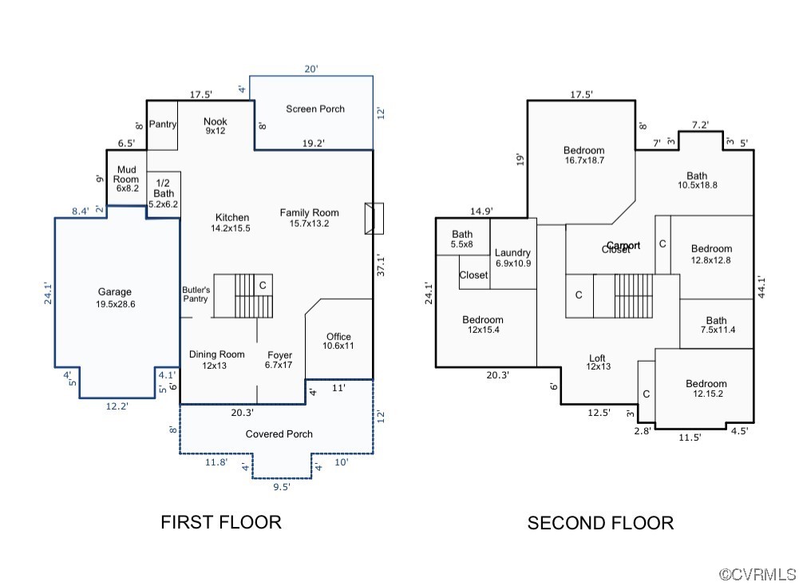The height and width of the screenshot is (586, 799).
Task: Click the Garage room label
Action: point(115,298)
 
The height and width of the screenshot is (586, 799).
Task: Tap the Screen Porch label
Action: point(315,109)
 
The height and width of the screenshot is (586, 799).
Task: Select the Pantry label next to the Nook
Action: point(163,125)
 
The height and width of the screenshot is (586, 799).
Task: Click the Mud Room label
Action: point(127,179)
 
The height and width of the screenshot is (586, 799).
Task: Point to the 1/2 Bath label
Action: point(164,193)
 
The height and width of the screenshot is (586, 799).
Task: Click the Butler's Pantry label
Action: point(196,295)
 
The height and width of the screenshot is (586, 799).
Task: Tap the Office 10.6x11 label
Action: point(338,341)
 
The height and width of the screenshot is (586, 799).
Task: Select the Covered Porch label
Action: point(279,434)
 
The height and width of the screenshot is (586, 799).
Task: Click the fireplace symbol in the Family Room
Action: point(374,219)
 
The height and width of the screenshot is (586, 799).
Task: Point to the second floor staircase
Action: point(634,295)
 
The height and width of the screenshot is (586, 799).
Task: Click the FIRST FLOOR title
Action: point(221,522)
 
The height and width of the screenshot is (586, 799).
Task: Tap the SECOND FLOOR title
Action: point(600,523)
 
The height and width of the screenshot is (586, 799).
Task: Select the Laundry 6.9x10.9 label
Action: point(512,258)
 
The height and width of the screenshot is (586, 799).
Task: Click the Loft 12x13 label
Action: point(597,362)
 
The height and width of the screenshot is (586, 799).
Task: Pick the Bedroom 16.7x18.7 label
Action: point(583,155)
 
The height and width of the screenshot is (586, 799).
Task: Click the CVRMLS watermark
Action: point(757,574)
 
